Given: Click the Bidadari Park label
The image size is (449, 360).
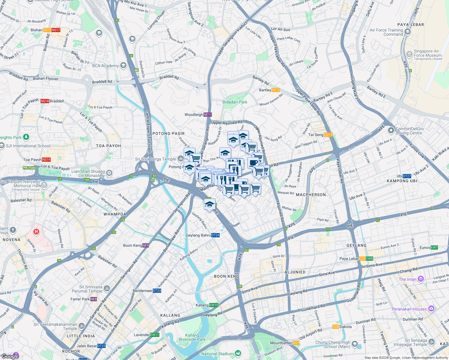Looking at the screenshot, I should (235, 102).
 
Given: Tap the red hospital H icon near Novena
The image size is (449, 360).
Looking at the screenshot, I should (36, 232).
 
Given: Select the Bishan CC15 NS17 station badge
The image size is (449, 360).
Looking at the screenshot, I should (52, 30).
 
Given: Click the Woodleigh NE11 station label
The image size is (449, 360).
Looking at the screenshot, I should (198, 115).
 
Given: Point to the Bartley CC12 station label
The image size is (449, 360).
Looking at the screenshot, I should (269, 90).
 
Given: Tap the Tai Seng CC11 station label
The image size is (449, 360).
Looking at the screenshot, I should (320, 135).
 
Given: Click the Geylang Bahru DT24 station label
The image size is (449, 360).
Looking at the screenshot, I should (203, 235).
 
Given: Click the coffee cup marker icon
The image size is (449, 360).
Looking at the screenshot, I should (253, 163).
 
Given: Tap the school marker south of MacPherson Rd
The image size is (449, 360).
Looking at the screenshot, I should (209, 205).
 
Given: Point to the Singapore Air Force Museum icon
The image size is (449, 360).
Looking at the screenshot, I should (409, 54).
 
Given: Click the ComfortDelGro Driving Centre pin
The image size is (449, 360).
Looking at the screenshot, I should (391, 130).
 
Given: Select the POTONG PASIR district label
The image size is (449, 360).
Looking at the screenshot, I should (168, 133).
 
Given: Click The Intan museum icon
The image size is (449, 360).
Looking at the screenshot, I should (420, 279).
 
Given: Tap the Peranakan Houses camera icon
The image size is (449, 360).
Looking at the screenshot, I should (431, 308).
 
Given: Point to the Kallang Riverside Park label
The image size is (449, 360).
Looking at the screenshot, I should (192, 337).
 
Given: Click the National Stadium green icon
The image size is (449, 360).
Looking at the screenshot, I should (238, 353).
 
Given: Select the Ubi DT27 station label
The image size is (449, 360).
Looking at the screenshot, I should (404, 176).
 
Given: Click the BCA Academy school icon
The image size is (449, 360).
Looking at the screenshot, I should (123, 65).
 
